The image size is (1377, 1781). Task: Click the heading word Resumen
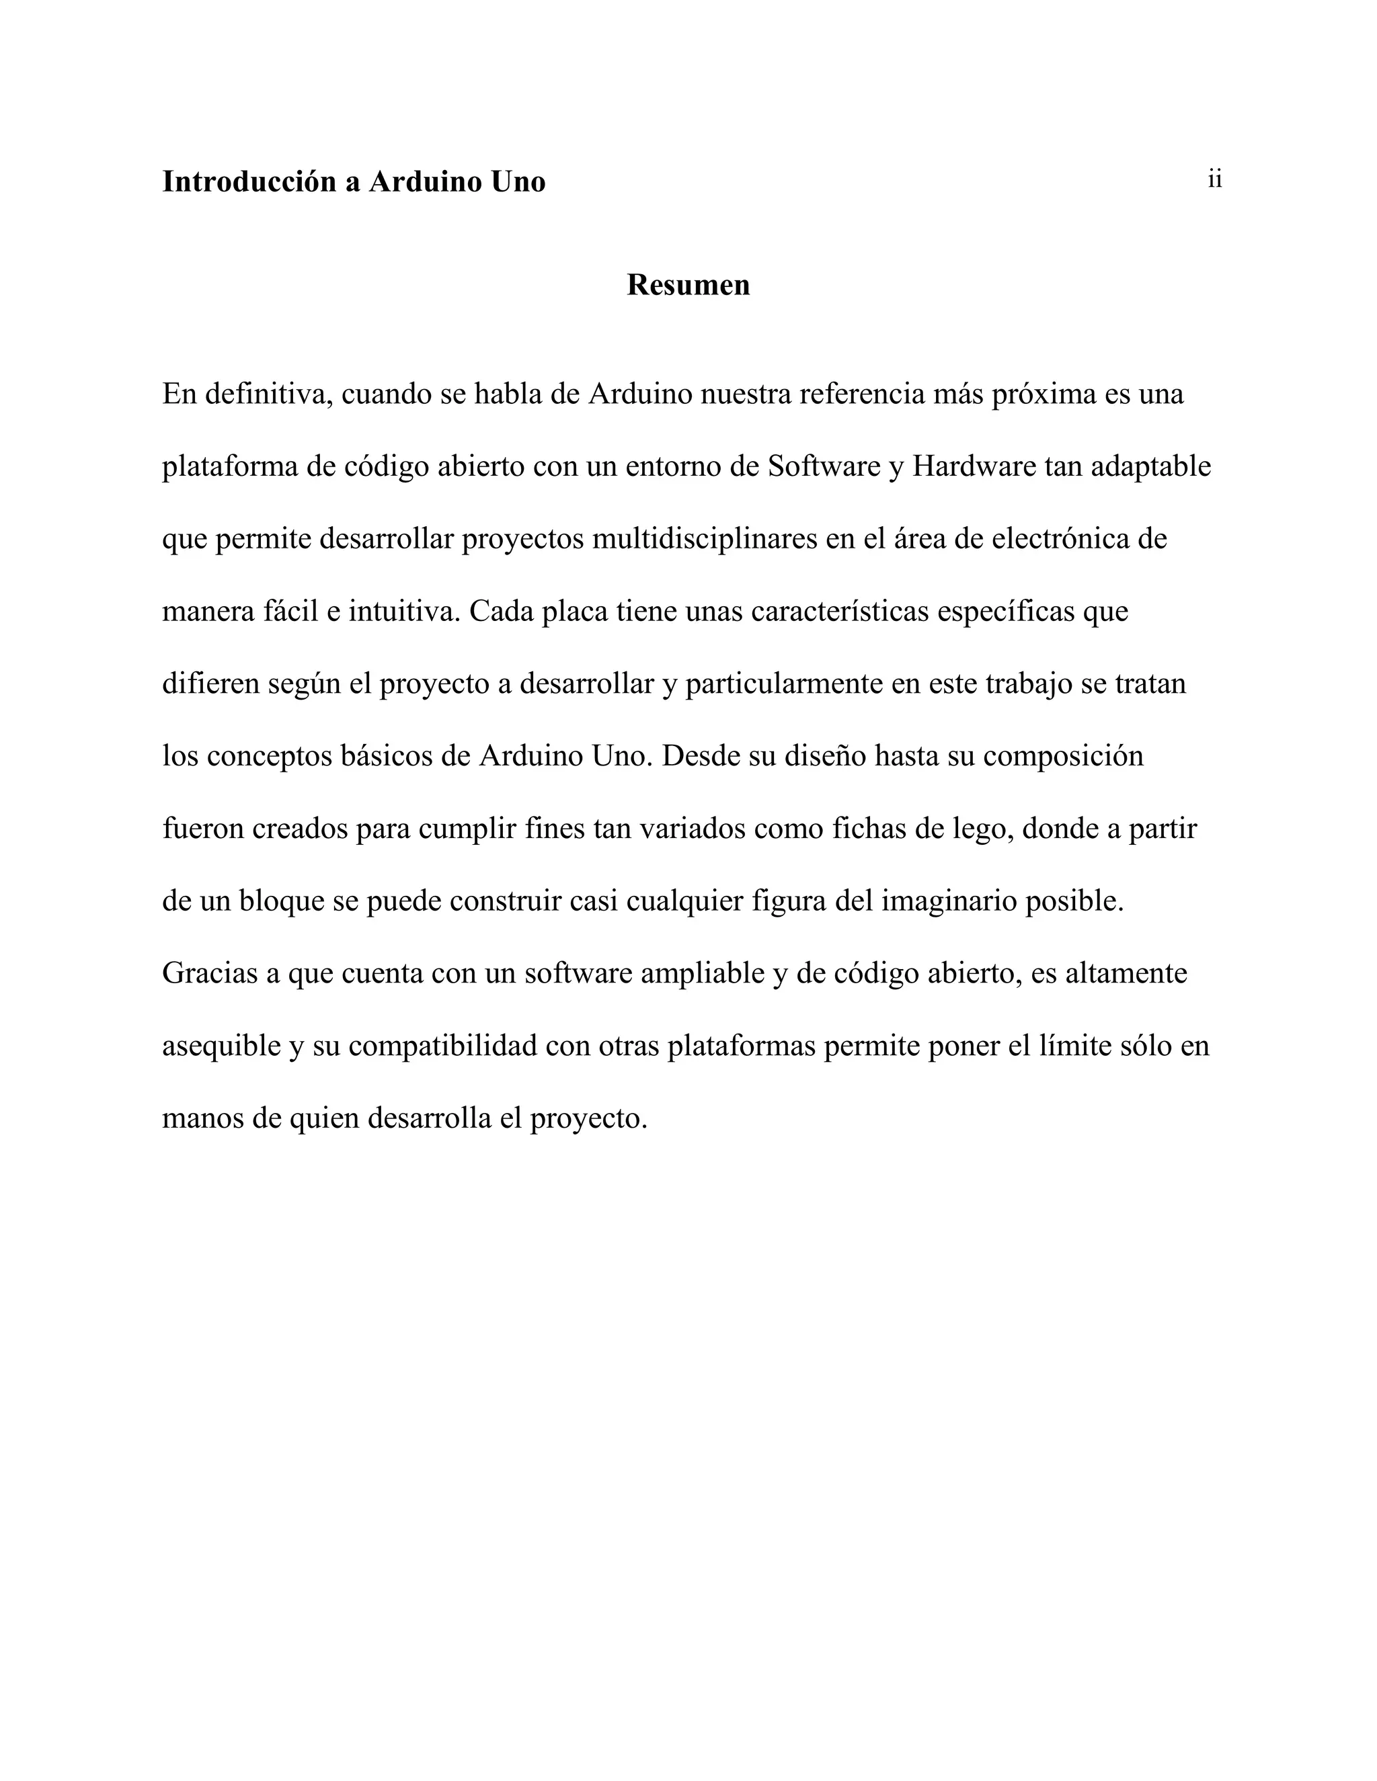coord(688,284)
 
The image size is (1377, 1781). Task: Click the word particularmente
coord(784,684)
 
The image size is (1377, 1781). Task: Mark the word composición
coord(1063,756)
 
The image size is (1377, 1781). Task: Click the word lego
coord(982,829)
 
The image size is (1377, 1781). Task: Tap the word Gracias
coord(210,973)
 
